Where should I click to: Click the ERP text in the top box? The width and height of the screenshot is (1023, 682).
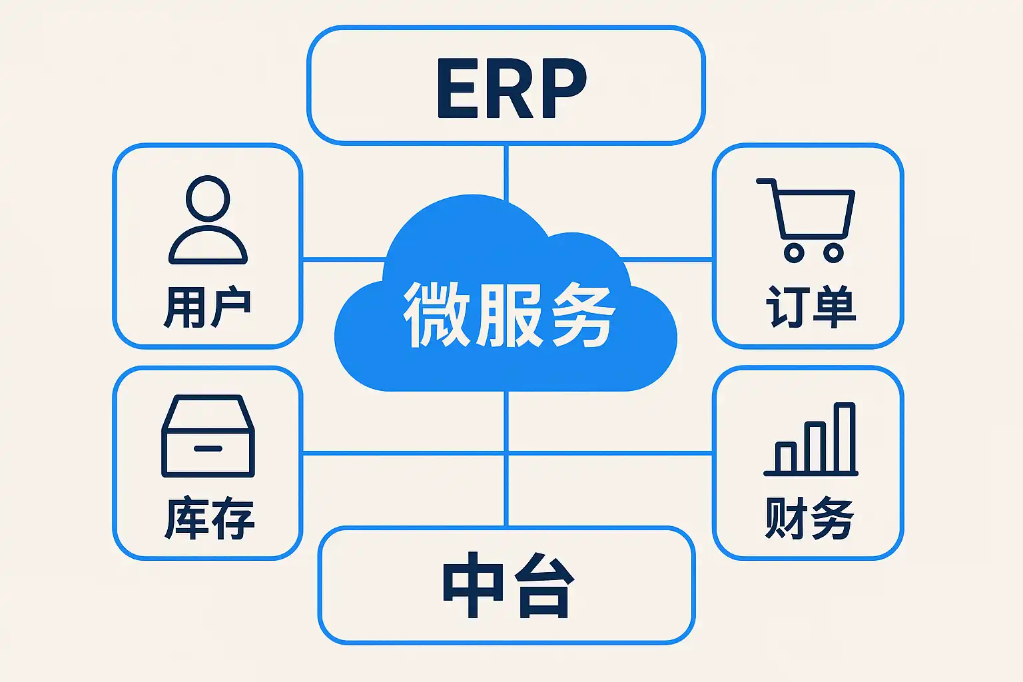511,88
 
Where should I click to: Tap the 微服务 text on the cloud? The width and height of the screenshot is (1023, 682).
509,314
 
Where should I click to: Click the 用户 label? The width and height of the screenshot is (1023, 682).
208,307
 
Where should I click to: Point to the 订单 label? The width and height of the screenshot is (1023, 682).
810,306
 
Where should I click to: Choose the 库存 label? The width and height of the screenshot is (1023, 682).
209,518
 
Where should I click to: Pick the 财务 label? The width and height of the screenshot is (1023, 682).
809,518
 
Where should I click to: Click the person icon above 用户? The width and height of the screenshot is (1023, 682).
208,220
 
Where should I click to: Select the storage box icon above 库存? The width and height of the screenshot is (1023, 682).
208,436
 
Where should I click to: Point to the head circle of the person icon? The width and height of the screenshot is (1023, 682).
208,198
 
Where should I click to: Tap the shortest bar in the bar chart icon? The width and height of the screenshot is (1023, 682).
785,458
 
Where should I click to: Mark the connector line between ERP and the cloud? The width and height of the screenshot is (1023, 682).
506,173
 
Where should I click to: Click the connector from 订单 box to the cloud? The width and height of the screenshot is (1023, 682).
667,260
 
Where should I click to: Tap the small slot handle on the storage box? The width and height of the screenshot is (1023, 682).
208,449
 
